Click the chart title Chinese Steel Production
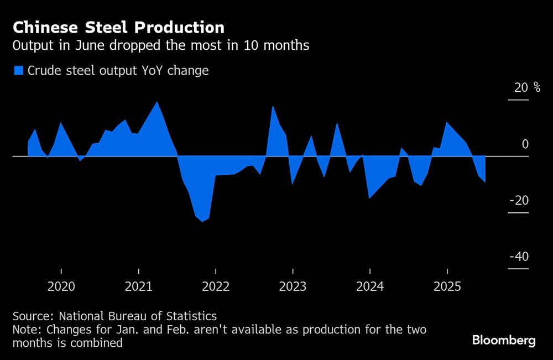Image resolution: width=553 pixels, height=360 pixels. pyautogui.click(x=118, y=28)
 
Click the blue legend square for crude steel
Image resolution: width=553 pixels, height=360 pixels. pyautogui.click(x=19, y=70)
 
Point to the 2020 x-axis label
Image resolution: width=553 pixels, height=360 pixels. pyautogui.click(x=61, y=286)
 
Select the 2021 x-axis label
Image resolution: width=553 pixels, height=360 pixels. pyautogui.click(x=138, y=286)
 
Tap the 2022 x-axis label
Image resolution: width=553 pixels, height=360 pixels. pyautogui.click(x=215, y=286)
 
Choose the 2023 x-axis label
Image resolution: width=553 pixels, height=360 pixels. pyautogui.click(x=293, y=286)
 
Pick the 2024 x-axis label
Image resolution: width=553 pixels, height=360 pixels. pyautogui.click(x=369, y=286)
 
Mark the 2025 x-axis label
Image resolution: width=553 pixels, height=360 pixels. pyautogui.click(x=447, y=286)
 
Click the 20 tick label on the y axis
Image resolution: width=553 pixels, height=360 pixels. pyautogui.click(x=521, y=87)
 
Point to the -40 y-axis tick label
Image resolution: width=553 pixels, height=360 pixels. pyautogui.click(x=519, y=257)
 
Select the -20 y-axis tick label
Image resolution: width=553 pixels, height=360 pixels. pyautogui.click(x=519, y=200)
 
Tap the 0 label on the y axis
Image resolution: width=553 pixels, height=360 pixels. pyautogui.click(x=525, y=144)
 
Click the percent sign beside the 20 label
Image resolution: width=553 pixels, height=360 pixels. pyautogui.click(x=537, y=87)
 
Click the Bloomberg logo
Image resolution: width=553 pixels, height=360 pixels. pyautogui.click(x=504, y=340)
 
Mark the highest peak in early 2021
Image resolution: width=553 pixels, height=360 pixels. pyautogui.click(x=158, y=102)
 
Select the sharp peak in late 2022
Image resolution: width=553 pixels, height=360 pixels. pyautogui.click(x=273, y=107)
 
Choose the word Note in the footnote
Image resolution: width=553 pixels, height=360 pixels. pyautogui.click(x=24, y=330)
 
